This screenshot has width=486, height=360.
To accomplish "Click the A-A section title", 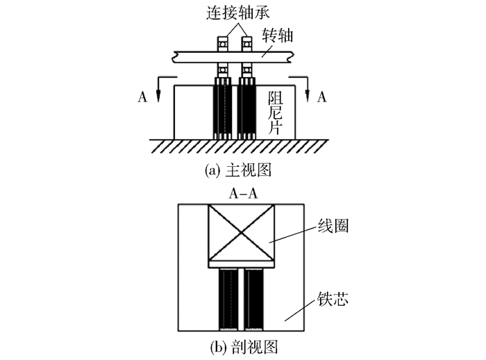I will pyautogui.click(x=243, y=194).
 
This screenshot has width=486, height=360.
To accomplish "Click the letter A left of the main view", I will pyautogui.click(x=142, y=97).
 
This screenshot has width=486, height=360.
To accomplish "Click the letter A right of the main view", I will pyautogui.click(x=321, y=97).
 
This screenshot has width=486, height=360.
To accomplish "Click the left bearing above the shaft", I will pyautogui.click(x=224, y=46).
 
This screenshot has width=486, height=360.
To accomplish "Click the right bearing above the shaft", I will pyautogui.click(x=245, y=46).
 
